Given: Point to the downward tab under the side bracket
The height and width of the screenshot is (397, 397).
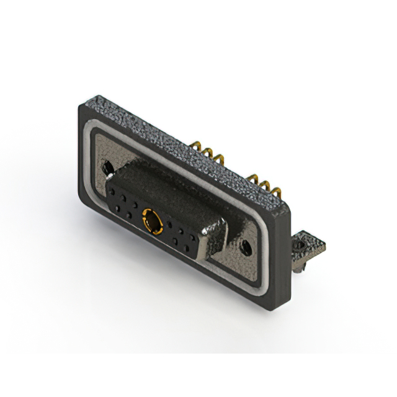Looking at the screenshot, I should pos(298,266).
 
